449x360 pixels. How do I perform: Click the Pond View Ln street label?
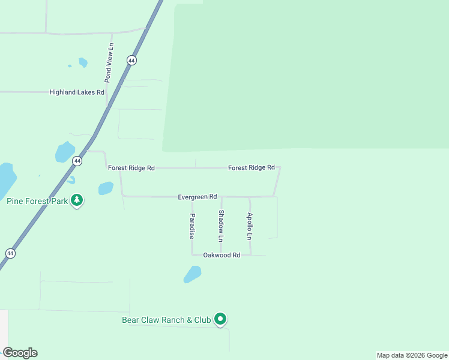109,62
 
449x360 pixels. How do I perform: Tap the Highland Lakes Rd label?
77,92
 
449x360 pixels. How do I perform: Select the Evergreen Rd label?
197,197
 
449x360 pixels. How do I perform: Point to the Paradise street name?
192,226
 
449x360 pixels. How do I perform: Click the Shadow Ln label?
221,226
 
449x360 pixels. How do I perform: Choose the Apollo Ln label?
250,226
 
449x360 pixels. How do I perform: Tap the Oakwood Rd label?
221,255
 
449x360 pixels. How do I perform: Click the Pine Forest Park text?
37,201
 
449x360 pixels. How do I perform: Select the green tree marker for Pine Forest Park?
77,200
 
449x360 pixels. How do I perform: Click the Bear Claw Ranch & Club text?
166,320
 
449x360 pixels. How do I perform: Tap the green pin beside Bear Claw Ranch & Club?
221,319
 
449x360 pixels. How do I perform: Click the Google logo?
20,353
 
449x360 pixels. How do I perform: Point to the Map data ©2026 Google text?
412,355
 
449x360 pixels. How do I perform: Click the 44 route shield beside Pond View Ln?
131,61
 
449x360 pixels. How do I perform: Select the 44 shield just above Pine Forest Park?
77,161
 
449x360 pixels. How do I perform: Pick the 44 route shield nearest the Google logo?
10,254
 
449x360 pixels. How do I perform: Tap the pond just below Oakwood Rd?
192,274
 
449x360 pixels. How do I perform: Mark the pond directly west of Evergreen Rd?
106,188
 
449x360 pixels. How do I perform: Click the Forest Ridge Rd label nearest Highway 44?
131,168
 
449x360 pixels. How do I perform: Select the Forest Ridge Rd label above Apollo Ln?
251,167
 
